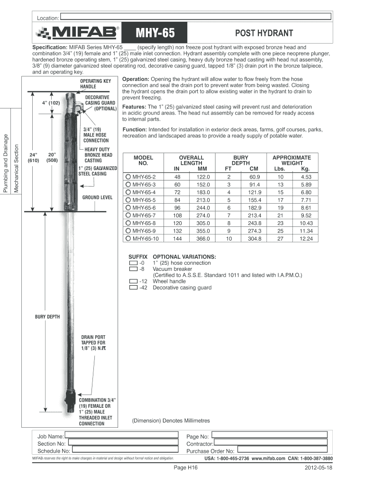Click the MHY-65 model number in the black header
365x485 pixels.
pyautogui.click(x=155, y=33)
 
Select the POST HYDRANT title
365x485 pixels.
pyautogui.click(x=264, y=33)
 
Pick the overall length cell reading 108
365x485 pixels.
pyautogui.click(x=177, y=216)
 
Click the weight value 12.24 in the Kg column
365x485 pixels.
pyautogui.click(x=306, y=239)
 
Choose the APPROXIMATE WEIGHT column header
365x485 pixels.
pyautogui.click(x=292, y=160)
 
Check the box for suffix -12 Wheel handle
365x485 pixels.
pyautogui.click(x=133, y=281)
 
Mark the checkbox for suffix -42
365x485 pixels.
pyautogui.click(x=133, y=287)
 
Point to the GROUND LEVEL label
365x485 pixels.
pyautogui.click(x=97, y=197)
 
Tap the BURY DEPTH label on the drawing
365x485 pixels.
pyautogui.click(x=47, y=316)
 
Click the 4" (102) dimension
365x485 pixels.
pyautogui.click(x=50, y=103)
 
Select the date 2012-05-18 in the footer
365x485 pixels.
pyautogui.click(x=319, y=467)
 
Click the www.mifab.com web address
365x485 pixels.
pyautogui.click(x=268, y=459)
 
